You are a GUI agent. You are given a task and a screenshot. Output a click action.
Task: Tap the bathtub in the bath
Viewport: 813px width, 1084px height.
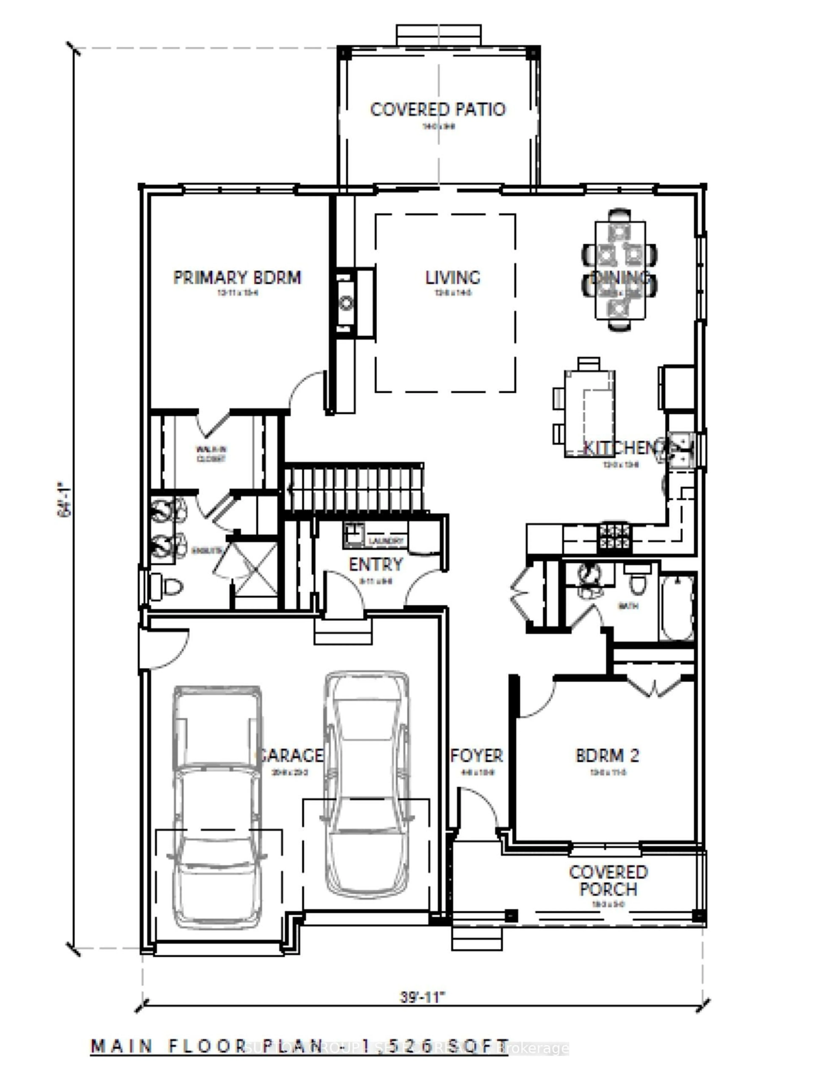(677, 608)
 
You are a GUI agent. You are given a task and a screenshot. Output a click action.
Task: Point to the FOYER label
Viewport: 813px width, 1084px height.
(476, 755)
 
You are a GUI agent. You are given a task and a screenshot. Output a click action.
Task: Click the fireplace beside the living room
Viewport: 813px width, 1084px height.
(347, 302)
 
